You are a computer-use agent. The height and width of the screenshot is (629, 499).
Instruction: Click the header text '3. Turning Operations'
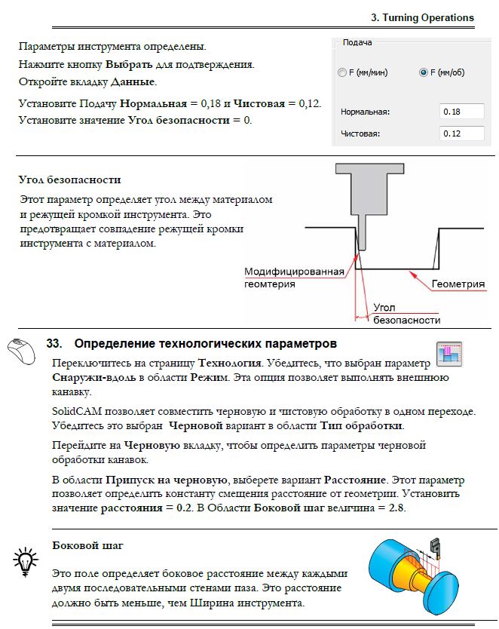click(x=422, y=17)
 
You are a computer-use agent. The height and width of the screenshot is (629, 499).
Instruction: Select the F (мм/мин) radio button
click(x=341, y=73)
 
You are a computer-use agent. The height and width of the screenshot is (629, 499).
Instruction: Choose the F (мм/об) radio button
click(x=423, y=73)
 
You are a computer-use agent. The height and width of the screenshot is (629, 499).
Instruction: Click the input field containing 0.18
click(x=461, y=112)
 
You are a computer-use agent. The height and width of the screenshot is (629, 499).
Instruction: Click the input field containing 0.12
click(x=461, y=133)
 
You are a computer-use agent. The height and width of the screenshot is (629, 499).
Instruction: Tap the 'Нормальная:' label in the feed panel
click(x=365, y=112)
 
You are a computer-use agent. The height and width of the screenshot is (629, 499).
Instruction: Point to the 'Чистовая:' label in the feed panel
click(x=360, y=133)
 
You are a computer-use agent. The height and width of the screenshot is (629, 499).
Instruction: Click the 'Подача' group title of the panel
click(x=357, y=43)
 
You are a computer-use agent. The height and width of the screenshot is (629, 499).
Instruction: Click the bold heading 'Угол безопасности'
click(x=69, y=180)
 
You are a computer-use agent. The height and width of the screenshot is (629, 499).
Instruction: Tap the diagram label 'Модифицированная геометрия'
click(x=294, y=278)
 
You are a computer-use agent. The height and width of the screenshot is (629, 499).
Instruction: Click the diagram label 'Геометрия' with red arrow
click(x=458, y=284)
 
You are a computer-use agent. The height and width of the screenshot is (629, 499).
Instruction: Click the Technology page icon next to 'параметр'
click(x=449, y=354)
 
